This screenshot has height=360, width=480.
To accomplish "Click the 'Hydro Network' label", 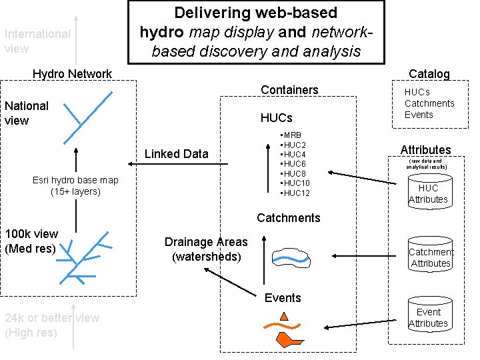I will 72,74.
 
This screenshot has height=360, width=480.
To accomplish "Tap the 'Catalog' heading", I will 429,74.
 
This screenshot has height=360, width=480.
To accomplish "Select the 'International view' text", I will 37,41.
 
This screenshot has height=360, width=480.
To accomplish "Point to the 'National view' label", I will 27,113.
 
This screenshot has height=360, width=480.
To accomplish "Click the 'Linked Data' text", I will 176,154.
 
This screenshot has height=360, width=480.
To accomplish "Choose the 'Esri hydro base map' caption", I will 75,186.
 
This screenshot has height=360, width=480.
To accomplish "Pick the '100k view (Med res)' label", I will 31,241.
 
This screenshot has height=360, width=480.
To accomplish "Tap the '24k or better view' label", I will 52,325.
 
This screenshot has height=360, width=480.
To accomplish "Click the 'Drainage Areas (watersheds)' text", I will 206,249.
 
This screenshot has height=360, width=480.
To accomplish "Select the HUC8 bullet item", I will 294,173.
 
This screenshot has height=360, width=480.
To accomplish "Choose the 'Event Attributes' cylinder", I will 428,317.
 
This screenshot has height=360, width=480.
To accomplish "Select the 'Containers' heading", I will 289,90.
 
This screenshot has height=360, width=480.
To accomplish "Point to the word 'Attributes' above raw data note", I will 425,150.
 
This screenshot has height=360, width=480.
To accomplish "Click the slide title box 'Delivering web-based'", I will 257,31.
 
